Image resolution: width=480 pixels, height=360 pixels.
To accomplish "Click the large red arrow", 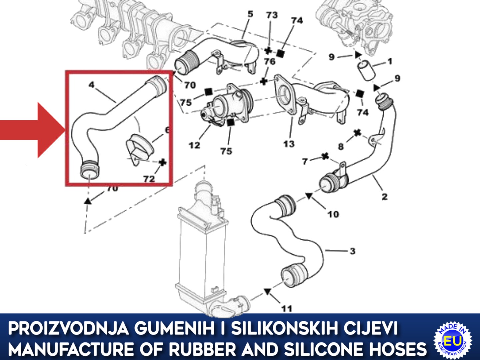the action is tap(33, 130).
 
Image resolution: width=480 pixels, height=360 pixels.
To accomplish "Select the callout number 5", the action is tap(250, 14).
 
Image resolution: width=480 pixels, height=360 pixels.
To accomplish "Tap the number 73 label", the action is tap(272, 15).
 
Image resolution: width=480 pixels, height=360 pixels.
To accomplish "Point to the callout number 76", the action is tap(270, 62).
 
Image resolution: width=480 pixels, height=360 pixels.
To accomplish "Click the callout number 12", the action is tap(194, 145).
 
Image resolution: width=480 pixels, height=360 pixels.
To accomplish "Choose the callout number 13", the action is tap(289, 144).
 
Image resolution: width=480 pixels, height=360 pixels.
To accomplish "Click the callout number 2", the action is tap(385, 197).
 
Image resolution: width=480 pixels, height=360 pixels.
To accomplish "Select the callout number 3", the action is tap(353, 251).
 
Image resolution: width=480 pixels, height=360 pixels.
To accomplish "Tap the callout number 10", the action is tap(333, 214).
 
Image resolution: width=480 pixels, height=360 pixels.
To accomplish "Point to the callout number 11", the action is tap(287, 309).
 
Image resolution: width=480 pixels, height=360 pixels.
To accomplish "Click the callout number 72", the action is tap(149, 179).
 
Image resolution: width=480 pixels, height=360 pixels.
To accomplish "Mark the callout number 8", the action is tap(341, 147).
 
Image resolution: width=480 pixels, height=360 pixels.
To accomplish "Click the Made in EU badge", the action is tap(453, 342).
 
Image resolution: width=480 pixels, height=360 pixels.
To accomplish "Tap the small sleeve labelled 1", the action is tap(366, 71).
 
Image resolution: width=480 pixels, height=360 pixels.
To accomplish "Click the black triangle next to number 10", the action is tap(309, 196).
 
